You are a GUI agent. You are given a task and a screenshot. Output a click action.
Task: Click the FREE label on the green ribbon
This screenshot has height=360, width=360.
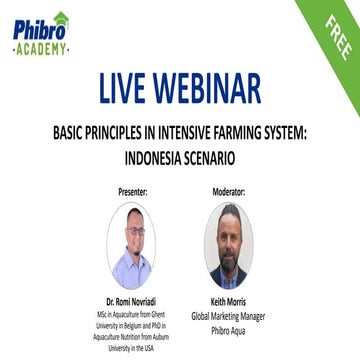(x=334, y=26)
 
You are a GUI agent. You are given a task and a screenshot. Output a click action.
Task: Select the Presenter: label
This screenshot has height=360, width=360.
(x=133, y=190)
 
